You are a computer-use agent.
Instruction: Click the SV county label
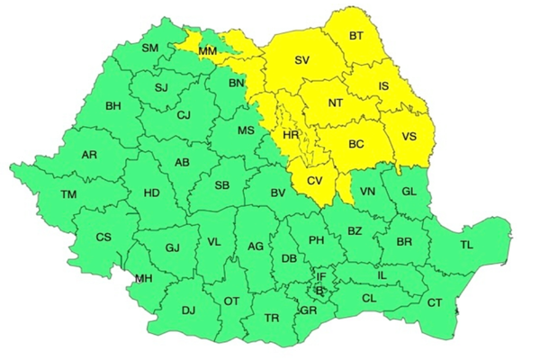click(x=303, y=61)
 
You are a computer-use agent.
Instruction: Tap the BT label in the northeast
click(x=357, y=37)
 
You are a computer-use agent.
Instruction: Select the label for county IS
click(x=382, y=85)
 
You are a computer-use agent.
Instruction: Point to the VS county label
click(x=409, y=137)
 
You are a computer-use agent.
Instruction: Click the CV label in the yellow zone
click(x=315, y=180)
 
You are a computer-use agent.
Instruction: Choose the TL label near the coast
click(x=466, y=245)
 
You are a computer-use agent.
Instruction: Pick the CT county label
click(x=435, y=302)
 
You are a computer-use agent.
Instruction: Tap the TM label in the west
click(x=69, y=194)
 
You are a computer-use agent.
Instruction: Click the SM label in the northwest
click(x=150, y=47)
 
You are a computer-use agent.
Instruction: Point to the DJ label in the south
click(x=189, y=310)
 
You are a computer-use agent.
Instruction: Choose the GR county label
click(x=309, y=310)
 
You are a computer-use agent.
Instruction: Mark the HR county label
click(x=291, y=134)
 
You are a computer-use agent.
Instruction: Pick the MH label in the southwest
click(x=143, y=278)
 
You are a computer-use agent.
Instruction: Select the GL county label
click(x=409, y=192)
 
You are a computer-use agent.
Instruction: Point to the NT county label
click(x=336, y=103)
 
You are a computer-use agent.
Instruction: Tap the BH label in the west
click(x=113, y=106)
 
